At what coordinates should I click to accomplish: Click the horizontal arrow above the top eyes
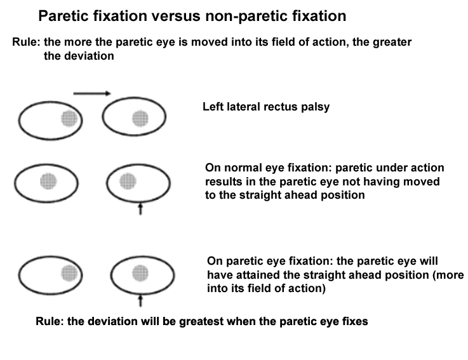[x=93, y=93]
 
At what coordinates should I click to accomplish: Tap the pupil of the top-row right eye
[x=139, y=117]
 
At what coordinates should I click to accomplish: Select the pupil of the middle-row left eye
[x=48, y=181]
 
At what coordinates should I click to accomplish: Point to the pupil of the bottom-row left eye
[x=69, y=273]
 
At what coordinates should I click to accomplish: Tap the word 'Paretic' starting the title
[x=62, y=15]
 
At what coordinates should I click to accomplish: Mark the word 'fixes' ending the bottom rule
[x=354, y=321]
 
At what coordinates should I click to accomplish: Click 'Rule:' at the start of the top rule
[x=25, y=42]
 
